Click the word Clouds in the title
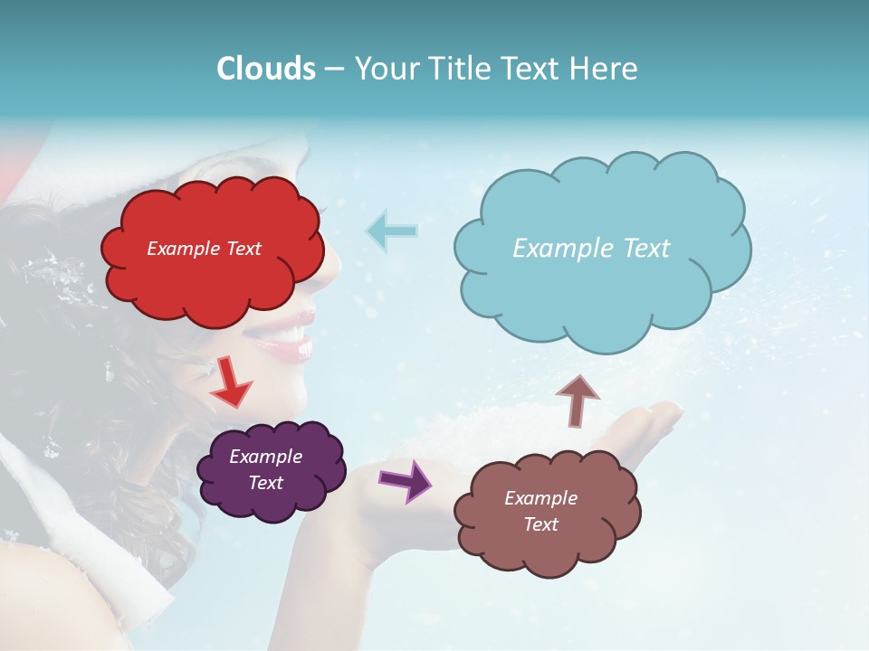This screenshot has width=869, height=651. click(265, 69)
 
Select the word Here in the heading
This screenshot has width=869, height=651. click(604, 69)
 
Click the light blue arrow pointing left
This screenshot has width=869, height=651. click(391, 231)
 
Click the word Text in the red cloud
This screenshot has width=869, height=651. click(243, 249)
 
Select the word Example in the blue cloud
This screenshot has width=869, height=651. click(554, 249)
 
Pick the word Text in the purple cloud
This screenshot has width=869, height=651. click(266, 483)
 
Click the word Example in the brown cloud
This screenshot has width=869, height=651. click(540, 498)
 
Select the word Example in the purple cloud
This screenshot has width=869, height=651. click(265, 457)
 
